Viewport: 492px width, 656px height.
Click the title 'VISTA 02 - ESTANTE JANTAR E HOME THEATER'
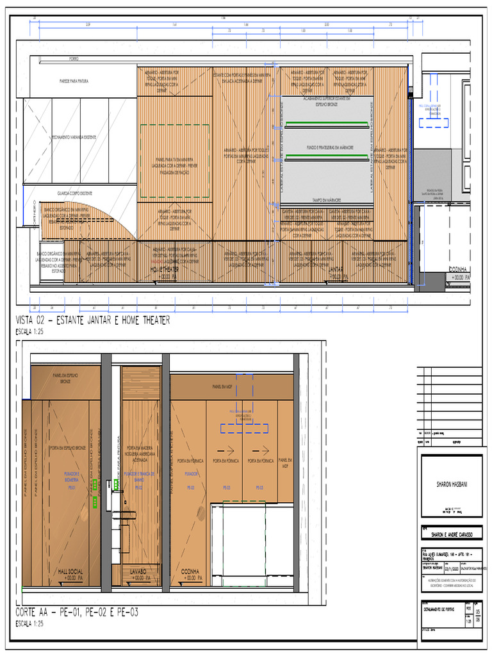click(x=94, y=321)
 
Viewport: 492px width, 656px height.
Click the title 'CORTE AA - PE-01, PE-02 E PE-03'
click(x=77, y=613)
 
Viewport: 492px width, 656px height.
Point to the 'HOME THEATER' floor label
click(x=164, y=270)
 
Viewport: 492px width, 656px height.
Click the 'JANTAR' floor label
click(x=337, y=270)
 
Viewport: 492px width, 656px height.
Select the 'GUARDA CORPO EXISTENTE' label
click(x=76, y=192)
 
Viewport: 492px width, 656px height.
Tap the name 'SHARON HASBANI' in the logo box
click(x=451, y=486)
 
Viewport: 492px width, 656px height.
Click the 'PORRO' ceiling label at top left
click(x=73, y=59)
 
